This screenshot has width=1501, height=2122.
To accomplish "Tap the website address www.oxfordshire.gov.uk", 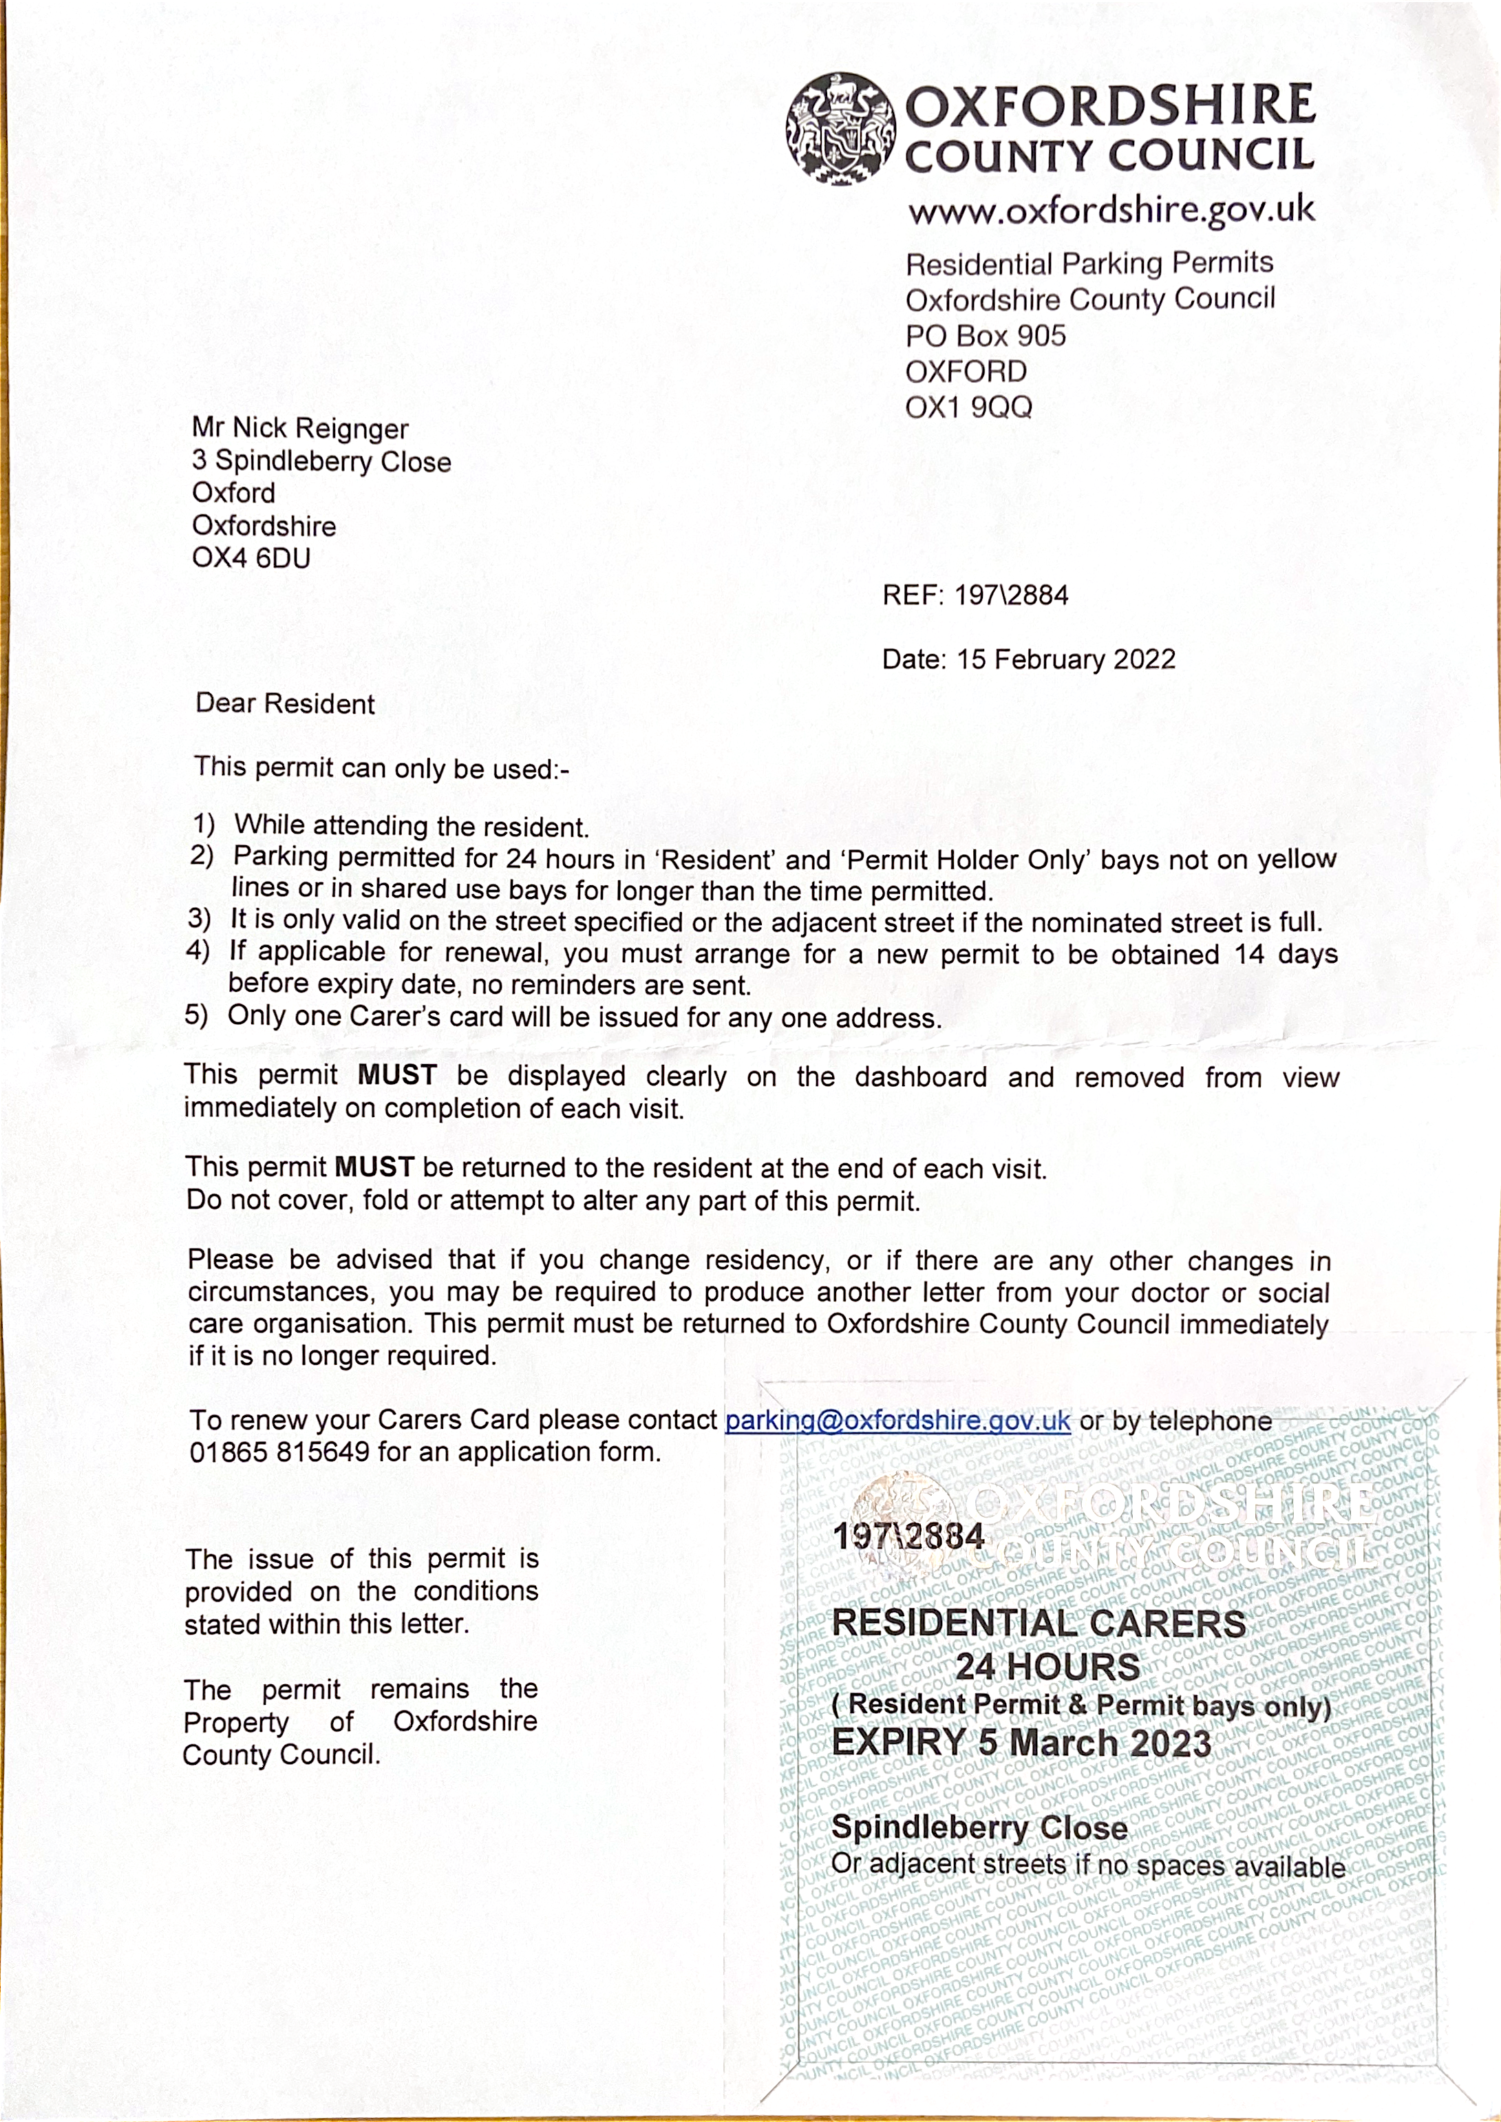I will tap(1110, 211).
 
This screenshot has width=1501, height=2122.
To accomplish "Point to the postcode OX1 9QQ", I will tap(968, 407).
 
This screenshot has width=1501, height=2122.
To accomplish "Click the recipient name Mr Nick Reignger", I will tap(299, 429).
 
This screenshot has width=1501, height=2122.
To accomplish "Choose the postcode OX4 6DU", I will tap(251, 558).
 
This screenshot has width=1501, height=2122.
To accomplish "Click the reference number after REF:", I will tap(1011, 595).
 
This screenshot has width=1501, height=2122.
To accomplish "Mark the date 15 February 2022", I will tap(1065, 660).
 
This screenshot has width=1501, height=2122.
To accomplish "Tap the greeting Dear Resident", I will tap(285, 704).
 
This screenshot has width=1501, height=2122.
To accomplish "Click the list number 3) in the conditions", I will tap(200, 920).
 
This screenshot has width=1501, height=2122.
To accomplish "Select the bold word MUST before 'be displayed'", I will tap(396, 1075).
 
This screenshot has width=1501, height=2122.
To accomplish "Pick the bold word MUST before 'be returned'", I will tap(374, 1167).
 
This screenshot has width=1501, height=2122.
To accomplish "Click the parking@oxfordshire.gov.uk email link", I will tap(897, 1419).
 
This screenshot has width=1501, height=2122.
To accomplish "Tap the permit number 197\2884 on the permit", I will tap(908, 1536).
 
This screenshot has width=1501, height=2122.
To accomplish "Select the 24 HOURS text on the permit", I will tap(1047, 1667).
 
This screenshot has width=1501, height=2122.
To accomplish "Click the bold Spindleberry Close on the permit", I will tap(979, 1827).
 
